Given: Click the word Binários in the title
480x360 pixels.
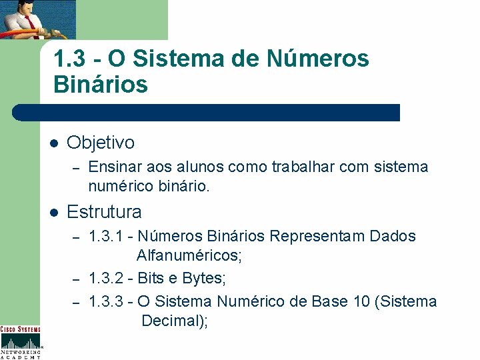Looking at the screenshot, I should click(x=100, y=85).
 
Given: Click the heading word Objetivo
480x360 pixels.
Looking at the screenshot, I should click(x=101, y=142).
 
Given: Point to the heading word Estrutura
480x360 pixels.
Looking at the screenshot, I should click(x=104, y=212).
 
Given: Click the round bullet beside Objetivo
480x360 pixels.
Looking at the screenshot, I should click(x=54, y=143).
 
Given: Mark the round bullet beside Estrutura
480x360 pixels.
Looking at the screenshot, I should click(x=54, y=213).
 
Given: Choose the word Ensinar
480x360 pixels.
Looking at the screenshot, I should click(x=111, y=167).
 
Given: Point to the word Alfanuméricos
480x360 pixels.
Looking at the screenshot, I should click(x=189, y=255).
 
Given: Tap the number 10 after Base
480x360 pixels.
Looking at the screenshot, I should click(x=361, y=301).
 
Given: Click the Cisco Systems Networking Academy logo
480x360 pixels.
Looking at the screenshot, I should click(x=20, y=342).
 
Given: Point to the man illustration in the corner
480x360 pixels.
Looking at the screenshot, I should click(x=37, y=19).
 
